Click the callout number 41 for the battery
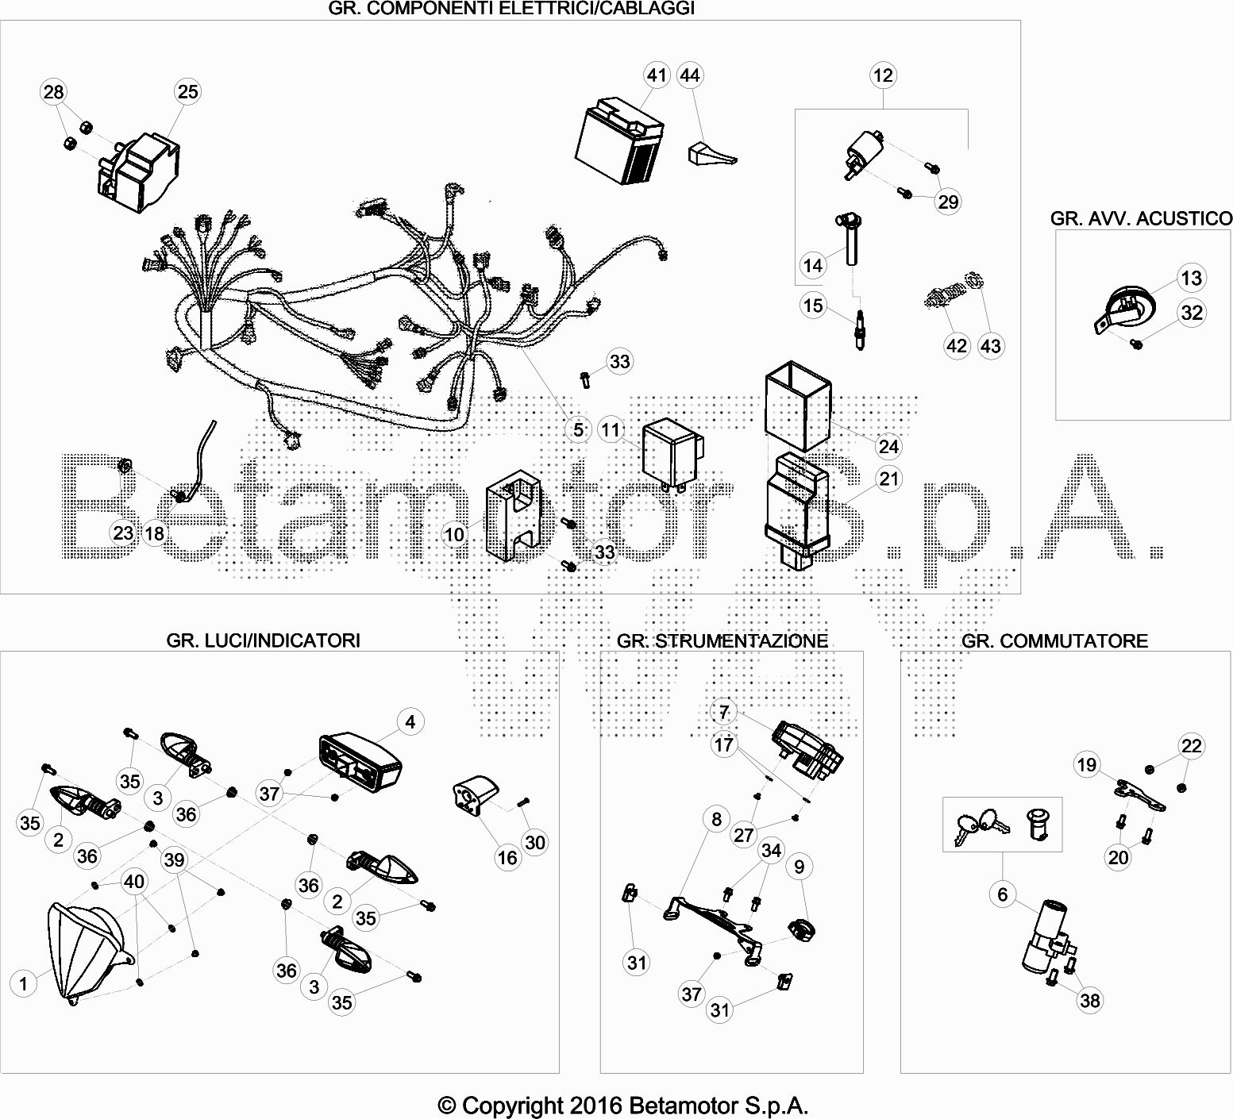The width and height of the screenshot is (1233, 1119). [656, 75]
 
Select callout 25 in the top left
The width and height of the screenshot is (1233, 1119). [187, 91]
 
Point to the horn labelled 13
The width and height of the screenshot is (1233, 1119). [1119, 312]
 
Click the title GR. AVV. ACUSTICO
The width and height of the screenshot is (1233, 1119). [1141, 218]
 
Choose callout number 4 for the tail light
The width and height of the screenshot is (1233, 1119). [410, 722]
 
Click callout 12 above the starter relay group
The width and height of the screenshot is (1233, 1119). [883, 75]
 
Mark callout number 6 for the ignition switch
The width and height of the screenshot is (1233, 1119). [1002, 894]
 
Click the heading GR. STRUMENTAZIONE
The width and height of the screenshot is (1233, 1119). [722, 640]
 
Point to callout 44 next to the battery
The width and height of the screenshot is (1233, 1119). [690, 75]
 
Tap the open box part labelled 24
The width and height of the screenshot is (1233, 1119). [798, 405]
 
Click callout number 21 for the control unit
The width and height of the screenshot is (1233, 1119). [890, 479]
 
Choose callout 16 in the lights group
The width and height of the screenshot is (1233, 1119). [507, 857]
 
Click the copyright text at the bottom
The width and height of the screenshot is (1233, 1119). [623, 1105]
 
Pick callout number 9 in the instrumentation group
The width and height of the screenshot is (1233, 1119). [799, 867]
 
